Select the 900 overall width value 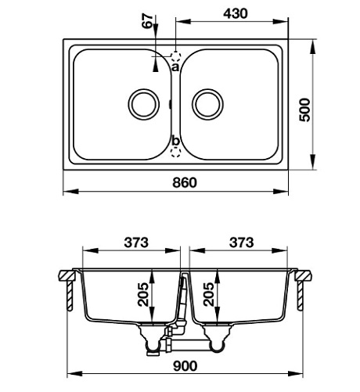[185, 365]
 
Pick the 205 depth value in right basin [208, 295]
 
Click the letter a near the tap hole [175, 68]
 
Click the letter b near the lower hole [176, 141]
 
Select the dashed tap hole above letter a [176, 57]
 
